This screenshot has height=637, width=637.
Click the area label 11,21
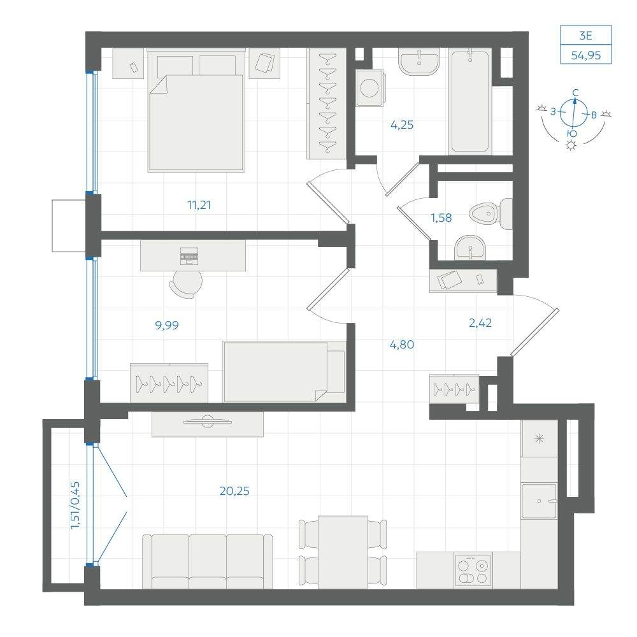[x=199, y=205]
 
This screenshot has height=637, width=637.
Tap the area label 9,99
[x=167, y=325]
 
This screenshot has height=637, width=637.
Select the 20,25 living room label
[x=234, y=491]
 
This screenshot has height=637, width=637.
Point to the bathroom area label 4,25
[x=402, y=125]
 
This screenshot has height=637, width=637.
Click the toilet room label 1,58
[x=441, y=218]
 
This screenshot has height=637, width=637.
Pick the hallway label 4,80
[x=402, y=345]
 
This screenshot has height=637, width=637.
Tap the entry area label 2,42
[x=480, y=324]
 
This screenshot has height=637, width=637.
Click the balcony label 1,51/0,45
[x=76, y=505]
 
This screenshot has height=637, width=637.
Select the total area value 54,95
[x=586, y=55]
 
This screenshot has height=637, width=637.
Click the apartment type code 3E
[x=585, y=36]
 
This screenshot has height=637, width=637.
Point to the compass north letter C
[x=575, y=93]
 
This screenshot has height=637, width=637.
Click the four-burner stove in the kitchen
[x=473, y=570]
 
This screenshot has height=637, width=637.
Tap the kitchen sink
[x=539, y=501]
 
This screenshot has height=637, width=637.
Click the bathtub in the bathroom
[x=470, y=101]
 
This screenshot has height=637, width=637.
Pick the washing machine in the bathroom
[x=370, y=88]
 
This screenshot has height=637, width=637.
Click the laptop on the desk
[x=189, y=255]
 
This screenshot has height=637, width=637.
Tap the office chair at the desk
[x=186, y=283]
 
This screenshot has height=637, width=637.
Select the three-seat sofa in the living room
[x=208, y=561]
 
